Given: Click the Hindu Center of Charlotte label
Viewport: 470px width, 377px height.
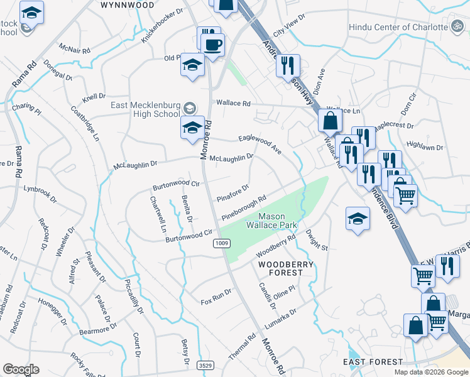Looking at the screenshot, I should coord(397,27).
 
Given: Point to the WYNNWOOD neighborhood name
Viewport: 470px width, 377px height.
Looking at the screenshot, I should coord(128,4).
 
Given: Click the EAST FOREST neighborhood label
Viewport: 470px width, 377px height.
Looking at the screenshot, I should coord(373,362).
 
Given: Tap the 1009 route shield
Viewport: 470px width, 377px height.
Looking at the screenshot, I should coord(221,243).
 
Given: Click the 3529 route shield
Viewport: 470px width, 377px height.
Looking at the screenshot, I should coord(204,364).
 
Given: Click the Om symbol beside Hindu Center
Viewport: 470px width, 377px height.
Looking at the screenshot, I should coord(456,26).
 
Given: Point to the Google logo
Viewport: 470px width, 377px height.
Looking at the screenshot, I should coord(21,369).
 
